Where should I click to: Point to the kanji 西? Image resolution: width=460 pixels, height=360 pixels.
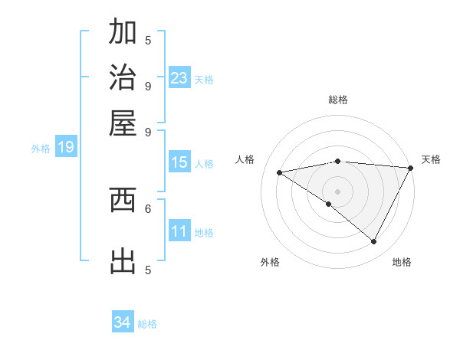123,200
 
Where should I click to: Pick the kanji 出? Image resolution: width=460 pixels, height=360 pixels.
123,261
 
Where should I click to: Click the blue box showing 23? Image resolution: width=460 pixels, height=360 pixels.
179,78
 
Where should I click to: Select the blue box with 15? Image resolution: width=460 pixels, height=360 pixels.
179,162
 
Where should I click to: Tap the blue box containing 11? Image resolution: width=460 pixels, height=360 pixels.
179,231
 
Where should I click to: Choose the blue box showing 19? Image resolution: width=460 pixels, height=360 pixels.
66,147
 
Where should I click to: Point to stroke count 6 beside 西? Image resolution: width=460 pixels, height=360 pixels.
148,208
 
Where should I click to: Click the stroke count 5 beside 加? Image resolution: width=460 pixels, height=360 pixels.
148,40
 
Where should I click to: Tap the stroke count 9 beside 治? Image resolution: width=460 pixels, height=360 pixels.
148,86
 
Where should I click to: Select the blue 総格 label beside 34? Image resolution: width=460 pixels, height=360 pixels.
148,324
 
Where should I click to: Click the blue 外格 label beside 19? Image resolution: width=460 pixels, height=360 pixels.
41,149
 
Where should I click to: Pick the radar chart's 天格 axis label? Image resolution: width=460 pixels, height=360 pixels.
432,159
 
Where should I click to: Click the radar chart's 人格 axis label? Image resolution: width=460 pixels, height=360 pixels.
245,159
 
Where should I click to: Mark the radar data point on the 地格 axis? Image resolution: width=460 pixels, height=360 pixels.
374,242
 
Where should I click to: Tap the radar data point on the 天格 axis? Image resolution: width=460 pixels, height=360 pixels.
411,168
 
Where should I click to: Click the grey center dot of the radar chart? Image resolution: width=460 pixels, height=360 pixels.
338,191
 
